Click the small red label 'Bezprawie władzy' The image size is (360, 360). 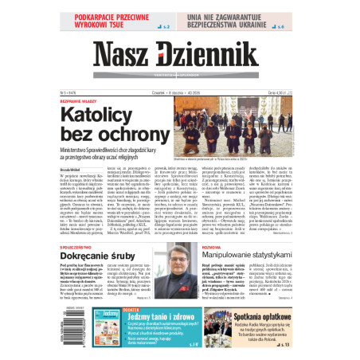(76, 100)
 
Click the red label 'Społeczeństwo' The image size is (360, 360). (72, 247)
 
